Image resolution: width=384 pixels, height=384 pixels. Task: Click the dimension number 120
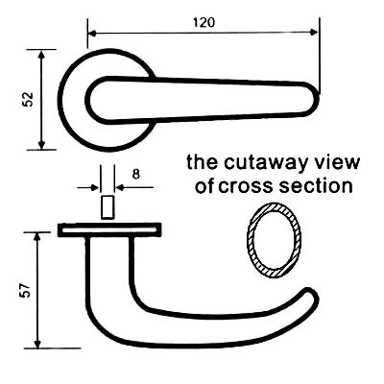click(204, 22)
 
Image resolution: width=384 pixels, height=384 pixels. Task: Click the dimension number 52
click(28, 99)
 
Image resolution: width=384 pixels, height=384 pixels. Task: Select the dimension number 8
click(136, 175)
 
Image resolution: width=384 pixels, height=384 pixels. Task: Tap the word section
click(316, 186)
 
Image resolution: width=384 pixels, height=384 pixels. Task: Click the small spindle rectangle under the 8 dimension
click(108, 207)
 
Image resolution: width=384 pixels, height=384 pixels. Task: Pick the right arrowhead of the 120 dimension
click(314, 32)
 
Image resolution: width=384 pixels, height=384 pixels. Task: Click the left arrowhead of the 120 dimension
click(93, 34)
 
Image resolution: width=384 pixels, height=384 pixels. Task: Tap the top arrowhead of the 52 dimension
click(41, 55)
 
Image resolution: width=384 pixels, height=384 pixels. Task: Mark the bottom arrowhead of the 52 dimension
click(41, 145)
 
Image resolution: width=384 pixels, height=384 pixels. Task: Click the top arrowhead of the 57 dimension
click(37, 237)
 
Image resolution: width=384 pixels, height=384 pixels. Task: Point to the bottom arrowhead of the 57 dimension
click(37, 343)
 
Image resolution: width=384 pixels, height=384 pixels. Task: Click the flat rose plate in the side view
click(109, 230)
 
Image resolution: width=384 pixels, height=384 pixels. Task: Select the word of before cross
click(204, 185)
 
